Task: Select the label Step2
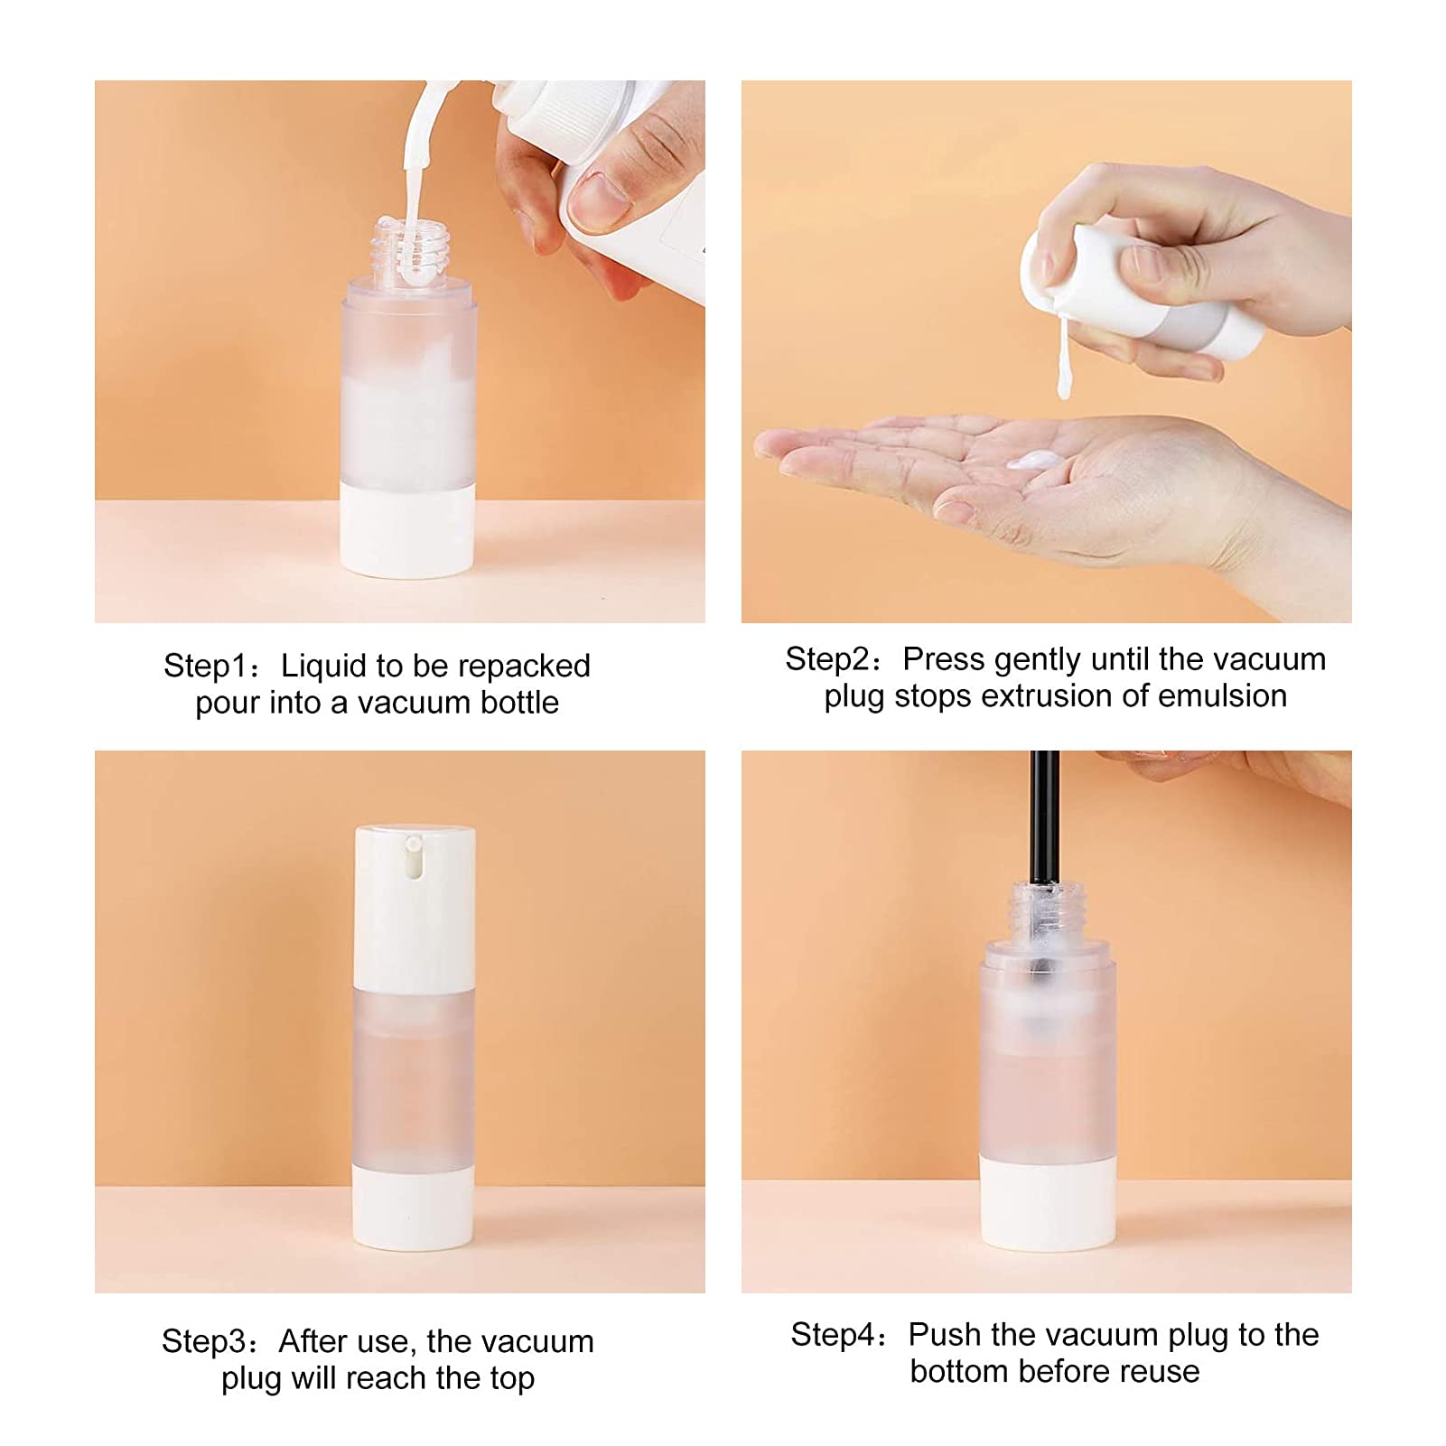pyautogui.click(x=826, y=660)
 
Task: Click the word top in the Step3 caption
pyautogui.click(x=511, y=1379)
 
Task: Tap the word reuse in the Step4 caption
pyautogui.click(x=1160, y=1372)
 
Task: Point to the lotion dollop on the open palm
pyautogui.click(x=1034, y=461)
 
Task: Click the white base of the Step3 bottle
pyautogui.click(x=413, y=1210)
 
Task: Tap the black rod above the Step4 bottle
pyautogui.click(x=1044, y=813)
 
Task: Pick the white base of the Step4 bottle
pyautogui.click(x=1048, y=1206)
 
